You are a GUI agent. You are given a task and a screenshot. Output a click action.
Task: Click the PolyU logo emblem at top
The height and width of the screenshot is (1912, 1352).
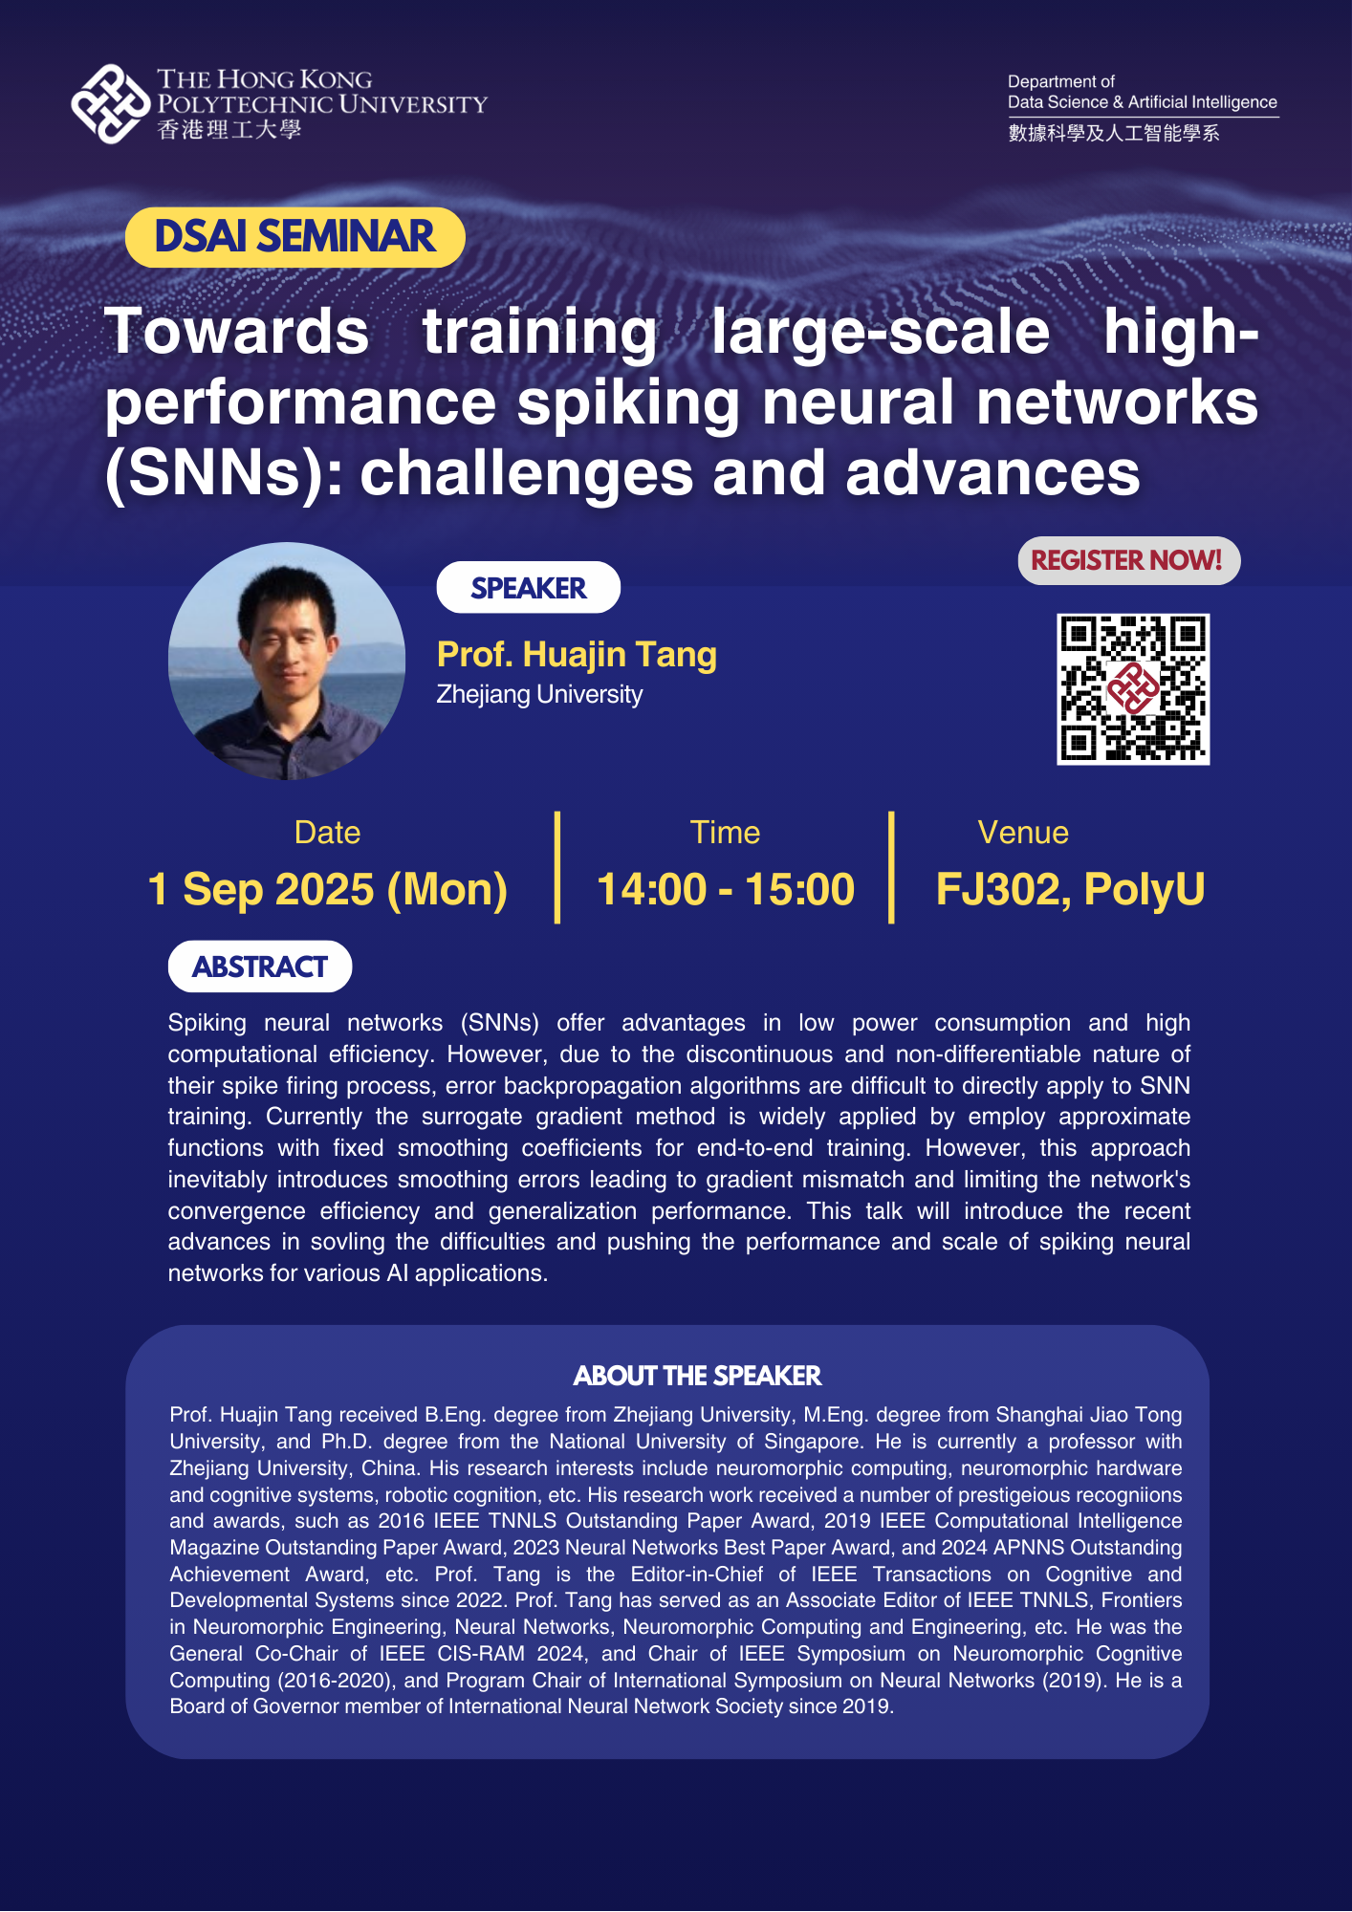click(110, 104)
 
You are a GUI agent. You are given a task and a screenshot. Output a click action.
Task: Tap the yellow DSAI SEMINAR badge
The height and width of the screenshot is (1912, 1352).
click(294, 237)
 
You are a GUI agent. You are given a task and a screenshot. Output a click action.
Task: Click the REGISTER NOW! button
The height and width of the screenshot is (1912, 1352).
click(1128, 560)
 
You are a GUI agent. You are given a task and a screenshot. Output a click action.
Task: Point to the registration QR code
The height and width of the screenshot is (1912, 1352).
click(1133, 689)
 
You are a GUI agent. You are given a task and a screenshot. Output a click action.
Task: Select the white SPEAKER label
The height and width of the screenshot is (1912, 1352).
click(528, 588)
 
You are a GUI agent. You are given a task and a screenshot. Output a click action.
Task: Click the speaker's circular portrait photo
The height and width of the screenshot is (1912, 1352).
click(286, 661)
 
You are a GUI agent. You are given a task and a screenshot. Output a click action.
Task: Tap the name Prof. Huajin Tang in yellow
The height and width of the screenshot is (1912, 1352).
click(577, 655)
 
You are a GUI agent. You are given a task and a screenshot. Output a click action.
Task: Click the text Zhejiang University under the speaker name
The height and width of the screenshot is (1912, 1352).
click(539, 694)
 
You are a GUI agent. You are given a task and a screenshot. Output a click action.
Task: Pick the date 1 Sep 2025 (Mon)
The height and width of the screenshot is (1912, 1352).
click(327, 889)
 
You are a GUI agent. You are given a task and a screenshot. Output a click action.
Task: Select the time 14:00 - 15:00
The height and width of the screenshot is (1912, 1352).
click(725, 889)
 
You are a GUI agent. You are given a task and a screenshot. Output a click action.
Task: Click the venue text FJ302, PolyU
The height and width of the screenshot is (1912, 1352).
click(1070, 889)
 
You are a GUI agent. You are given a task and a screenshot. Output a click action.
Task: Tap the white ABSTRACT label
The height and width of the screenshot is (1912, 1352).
click(260, 967)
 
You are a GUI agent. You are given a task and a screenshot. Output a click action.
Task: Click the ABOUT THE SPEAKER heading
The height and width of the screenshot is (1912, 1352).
click(697, 1376)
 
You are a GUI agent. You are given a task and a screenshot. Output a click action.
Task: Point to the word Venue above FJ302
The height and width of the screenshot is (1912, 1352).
click(1023, 833)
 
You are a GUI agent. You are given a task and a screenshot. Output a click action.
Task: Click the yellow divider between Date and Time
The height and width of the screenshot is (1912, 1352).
click(557, 867)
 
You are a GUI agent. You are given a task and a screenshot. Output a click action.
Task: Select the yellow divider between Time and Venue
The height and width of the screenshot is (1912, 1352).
click(891, 867)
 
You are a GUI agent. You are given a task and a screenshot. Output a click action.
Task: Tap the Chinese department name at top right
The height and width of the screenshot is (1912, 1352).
click(1114, 133)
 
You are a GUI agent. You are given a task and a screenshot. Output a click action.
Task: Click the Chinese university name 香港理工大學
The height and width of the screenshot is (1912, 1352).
click(229, 130)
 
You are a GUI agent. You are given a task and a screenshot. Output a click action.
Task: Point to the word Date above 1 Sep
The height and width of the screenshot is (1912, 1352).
click(327, 833)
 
